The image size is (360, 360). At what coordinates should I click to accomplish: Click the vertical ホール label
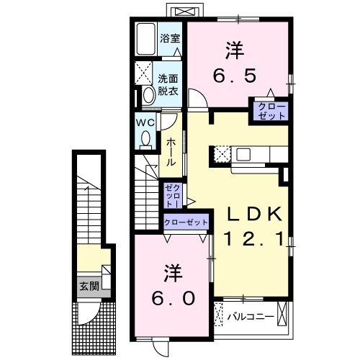pos(171,153)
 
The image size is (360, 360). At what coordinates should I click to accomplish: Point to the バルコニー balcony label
pos(251,315)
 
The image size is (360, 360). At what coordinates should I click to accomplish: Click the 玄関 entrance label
pos(89,286)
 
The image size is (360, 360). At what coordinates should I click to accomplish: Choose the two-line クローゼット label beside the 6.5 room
pos(270,111)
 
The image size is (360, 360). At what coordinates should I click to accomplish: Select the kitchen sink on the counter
pos(243,153)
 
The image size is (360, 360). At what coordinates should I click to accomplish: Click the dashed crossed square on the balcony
pos(219,315)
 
